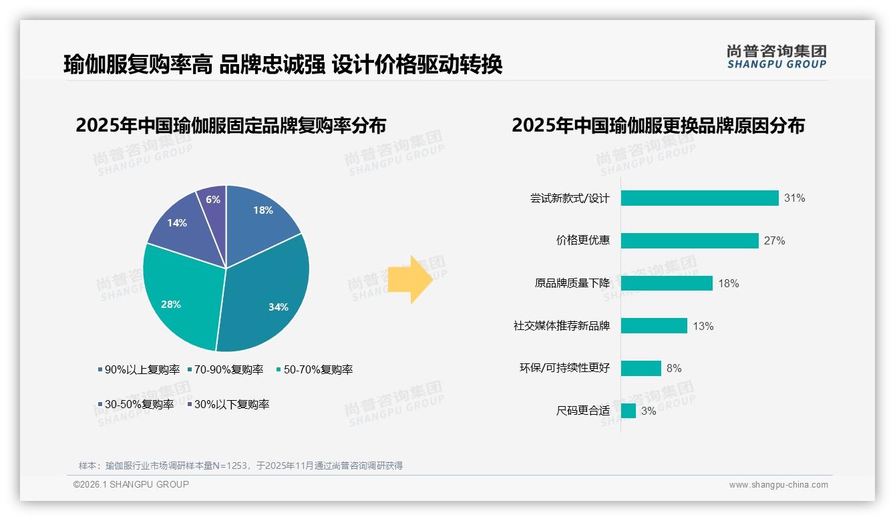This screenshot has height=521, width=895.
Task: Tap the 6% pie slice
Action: [x=213, y=200]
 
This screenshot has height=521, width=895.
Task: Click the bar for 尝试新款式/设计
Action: [x=699, y=198]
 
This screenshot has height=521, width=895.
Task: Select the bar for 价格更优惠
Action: [x=689, y=240]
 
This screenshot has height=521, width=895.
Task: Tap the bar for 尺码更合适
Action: [x=628, y=411]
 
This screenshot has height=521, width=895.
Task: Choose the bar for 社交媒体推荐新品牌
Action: [x=654, y=326]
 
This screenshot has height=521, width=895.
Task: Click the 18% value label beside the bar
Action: [x=728, y=283]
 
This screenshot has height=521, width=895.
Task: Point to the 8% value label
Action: [x=674, y=368]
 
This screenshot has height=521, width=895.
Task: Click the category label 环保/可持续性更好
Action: [x=564, y=368]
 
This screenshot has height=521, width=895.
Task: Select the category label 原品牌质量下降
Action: [x=572, y=283]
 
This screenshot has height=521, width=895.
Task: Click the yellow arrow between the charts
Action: [x=411, y=279]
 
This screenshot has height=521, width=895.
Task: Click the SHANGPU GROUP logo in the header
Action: [x=776, y=57]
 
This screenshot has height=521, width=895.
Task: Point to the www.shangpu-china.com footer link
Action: [x=778, y=484]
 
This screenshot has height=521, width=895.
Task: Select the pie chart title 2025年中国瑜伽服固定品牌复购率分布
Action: [x=230, y=126]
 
